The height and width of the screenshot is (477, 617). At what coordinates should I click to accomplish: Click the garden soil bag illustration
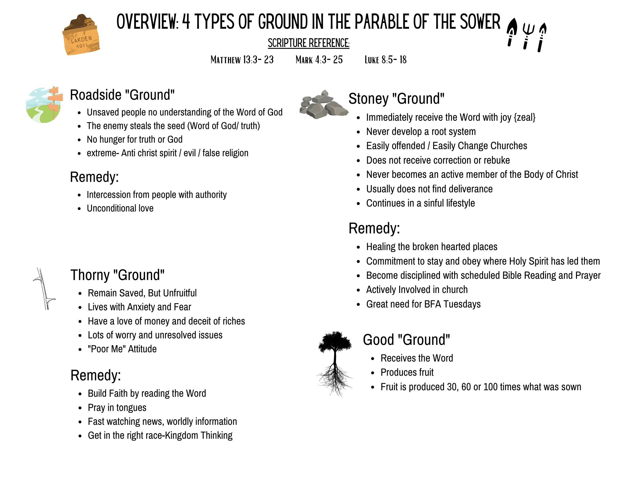click(x=81, y=36)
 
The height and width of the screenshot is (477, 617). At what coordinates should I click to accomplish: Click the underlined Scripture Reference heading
click(x=308, y=43)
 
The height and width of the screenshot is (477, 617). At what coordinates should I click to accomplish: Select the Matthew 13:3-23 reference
click(x=242, y=60)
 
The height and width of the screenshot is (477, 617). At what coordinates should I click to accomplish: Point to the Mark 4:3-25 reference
click(x=319, y=60)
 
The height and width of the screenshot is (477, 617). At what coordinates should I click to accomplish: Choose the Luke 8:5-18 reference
click(x=385, y=60)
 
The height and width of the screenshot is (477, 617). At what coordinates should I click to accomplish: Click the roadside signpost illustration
click(x=44, y=105)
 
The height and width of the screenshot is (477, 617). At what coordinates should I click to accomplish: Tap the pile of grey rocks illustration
click(x=323, y=105)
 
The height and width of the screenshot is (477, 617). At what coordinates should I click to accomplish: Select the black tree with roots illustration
click(x=335, y=363)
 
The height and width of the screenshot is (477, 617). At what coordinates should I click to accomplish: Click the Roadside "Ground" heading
click(x=122, y=95)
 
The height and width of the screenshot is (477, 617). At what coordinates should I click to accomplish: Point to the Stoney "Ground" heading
click(x=396, y=99)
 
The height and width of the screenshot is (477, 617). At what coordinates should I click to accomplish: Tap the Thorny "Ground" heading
click(x=117, y=275)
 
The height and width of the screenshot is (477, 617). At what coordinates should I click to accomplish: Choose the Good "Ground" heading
click(x=406, y=340)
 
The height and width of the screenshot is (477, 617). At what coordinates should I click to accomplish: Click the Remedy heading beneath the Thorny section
click(x=96, y=375)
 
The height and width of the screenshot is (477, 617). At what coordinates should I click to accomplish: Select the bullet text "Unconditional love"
click(x=120, y=208)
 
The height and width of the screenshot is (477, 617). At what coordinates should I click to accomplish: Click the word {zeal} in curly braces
click(x=524, y=118)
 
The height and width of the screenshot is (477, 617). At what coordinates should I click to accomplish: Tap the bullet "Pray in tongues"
click(x=117, y=408)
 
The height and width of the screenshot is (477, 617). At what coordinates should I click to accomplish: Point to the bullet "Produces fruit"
click(x=407, y=372)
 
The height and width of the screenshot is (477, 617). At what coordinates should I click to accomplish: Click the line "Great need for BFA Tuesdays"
click(x=423, y=304)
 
